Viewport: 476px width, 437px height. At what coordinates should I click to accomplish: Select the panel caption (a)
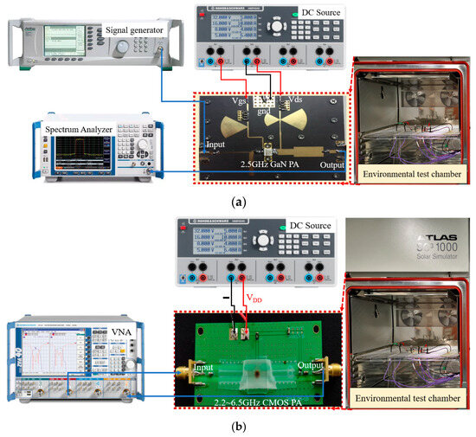(x=239, y=200)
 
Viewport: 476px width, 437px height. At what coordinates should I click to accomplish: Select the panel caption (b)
(x=239, y=427)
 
